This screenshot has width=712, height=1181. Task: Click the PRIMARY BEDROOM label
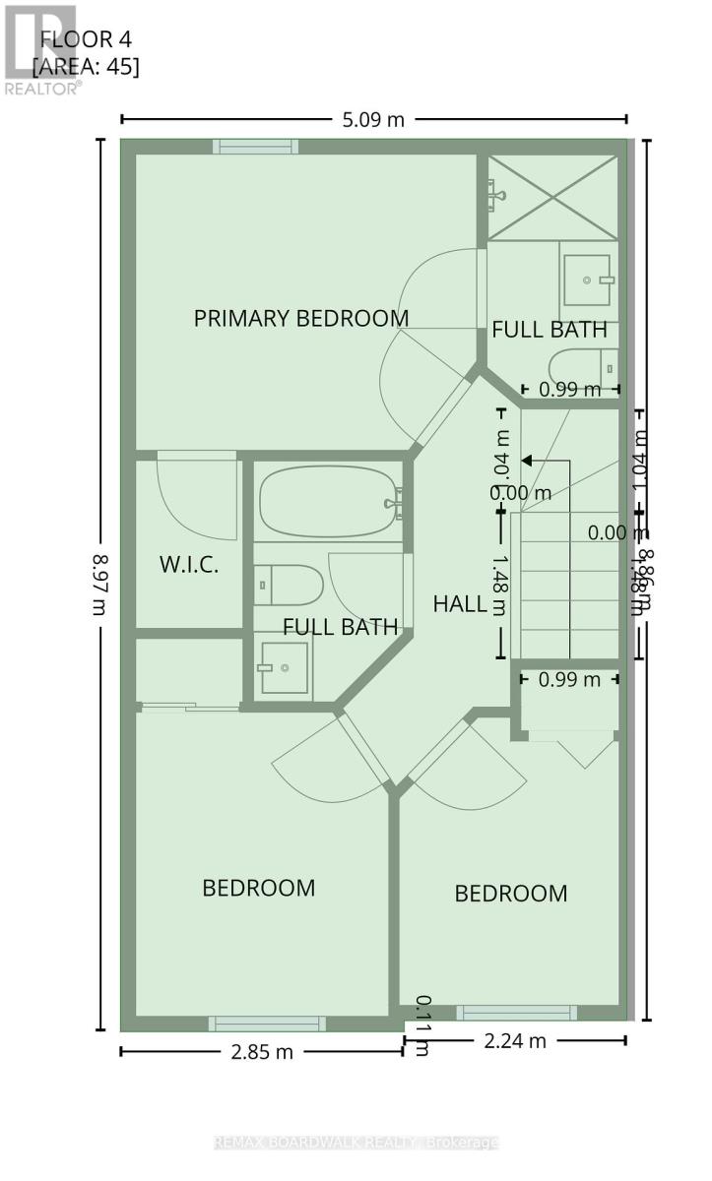pyautogui.click(x=300, y=318)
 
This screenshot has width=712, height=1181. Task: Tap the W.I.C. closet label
pyautogui.click(x=188, y=565)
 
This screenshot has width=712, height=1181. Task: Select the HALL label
pyautogui.click(x=460, y=603)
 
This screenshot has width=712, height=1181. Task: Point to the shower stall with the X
pyautogui.click(x=552, y=196)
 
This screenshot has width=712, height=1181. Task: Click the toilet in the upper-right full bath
pyautogui.click(x=583, y=364)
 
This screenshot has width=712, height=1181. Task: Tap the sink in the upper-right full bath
pyautogui.click(x=588, y=280)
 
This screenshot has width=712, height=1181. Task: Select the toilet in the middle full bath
pyautogui.click(x=288, y=585)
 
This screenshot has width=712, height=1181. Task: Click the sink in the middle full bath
pyautogui.click(x=283, y=667)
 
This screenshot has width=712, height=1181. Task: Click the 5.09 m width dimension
pyautogui.click(x=374, y=120)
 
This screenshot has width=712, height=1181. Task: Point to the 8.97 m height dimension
pyautogui.click(x=98, y=585)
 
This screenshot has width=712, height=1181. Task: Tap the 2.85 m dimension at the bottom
pyautogui.click(x=261, y=1051)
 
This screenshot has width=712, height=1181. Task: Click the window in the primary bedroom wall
pyautogui.click(x=256, y=147)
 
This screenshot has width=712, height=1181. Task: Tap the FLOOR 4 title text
pyautogui.click(x=86, y=39)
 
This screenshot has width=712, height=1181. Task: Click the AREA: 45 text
pyautogui.click(x=86, y=67)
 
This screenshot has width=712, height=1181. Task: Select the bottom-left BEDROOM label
pyautogui.click(x=258, y=888)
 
